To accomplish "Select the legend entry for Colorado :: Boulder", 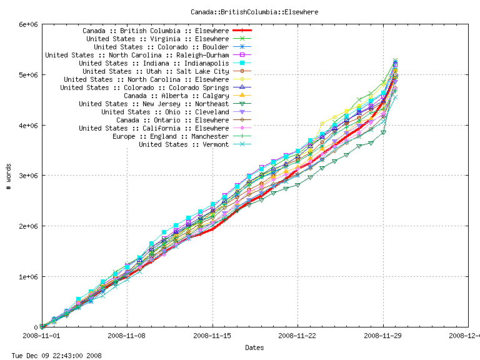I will pyautogui.click(x=161, y=47).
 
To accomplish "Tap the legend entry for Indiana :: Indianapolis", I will pyautogui.click(x=154, y=63).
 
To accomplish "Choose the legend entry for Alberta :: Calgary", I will pyautogui.click(x=176, y=96).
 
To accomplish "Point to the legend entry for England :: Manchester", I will pyautogui.click(x=171, y=136).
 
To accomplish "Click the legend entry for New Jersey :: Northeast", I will pyautogui.click(x=154, y=104).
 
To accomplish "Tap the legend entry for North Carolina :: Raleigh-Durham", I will pyautogui.click(x=137, y=55).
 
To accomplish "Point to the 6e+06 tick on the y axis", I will pyautogui.click(x=29, y=24).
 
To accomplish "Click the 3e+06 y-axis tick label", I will pyautogui.click(x=29, y=176).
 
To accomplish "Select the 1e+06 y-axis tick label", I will pyautogui.click(x=29, y=277).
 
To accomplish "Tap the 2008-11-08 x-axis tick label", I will pyautogui.click(x=127, y=335).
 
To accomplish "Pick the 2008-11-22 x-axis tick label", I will pyautogui.click(x=298, y=335).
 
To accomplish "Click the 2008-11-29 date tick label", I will pyautogui.click(x=383, y=335).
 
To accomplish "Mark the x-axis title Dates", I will pyautogui.click(x=254, y=347).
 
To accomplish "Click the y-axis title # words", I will pyautogui.click(x=8, y=176).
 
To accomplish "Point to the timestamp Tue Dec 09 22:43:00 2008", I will pyautogui.click(x=52, y=355).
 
